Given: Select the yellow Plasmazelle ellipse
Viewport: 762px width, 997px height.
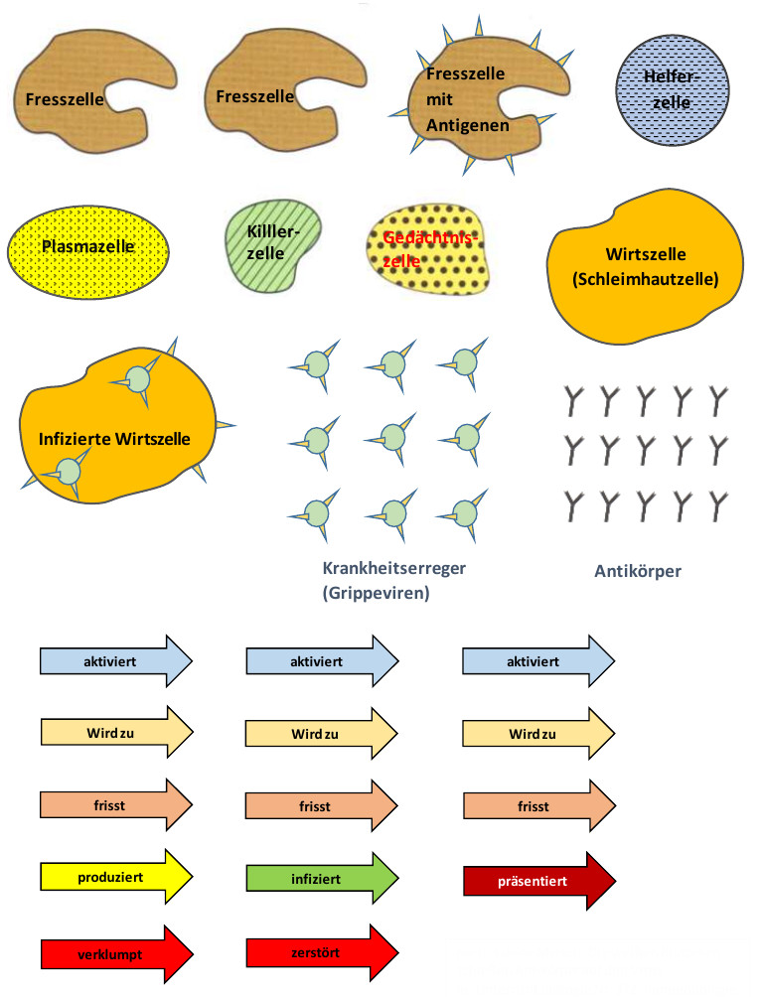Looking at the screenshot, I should [88, 245].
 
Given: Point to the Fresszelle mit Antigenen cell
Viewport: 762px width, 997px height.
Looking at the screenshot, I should [467, 99].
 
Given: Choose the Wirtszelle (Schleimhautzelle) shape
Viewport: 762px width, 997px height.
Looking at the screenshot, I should [645, 266].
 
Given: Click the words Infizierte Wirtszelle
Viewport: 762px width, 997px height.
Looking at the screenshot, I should [114, 438].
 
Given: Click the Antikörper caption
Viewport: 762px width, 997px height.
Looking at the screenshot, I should [637, 571].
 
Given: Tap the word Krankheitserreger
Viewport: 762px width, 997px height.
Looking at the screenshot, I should [394, 569].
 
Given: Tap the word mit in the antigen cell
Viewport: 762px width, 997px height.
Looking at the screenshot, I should [438, 99].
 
